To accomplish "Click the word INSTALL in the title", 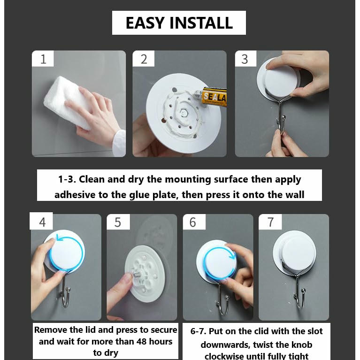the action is pyautogui.click(x=201, y=23).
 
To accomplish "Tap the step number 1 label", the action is pyautogui.click(x=43, y=59).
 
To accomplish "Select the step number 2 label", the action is pyautogui.click(x=144, y=59).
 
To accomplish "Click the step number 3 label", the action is pyautogui.click(x=245, y=59).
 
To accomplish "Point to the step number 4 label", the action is pyautogui.click(x=42, y=222).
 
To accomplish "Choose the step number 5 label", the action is pyautogui.click(x=118, y=222).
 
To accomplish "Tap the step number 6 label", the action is pyautogui.click(x=193, y=222).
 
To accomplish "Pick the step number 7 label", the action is pyautogui.click(x=270, y=222).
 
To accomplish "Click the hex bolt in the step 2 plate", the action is pyautogui.click(x=184, y=113).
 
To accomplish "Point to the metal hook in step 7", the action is pyautogui.click(x=299, y=289).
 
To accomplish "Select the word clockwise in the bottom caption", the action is pyautogui.click(x=224, y=356).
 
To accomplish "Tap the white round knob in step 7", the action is pyautogui.click(x=298, y=253).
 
